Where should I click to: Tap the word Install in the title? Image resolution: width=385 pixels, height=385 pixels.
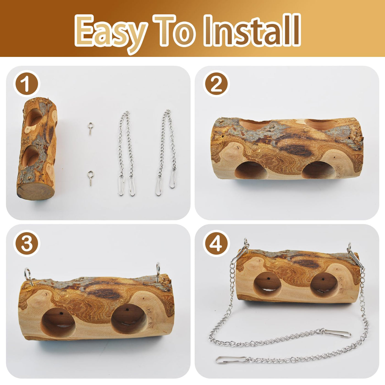point(252,30)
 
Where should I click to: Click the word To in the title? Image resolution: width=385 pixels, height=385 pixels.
point(174,30)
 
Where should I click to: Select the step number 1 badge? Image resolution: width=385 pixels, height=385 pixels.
point(27,84)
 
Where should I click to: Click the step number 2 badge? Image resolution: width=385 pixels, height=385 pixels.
point(216,84)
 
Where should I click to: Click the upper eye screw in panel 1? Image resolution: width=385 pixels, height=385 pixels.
point(90,128)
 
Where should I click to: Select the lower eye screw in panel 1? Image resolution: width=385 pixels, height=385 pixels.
point(90,178)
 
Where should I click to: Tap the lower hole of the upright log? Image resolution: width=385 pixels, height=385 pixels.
point(30,156)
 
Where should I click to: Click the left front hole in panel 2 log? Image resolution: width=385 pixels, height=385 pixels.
point(251,170)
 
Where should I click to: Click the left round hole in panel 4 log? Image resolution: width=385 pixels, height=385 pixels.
point(268,285)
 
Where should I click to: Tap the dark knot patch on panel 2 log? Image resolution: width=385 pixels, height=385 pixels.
point(296,150)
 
